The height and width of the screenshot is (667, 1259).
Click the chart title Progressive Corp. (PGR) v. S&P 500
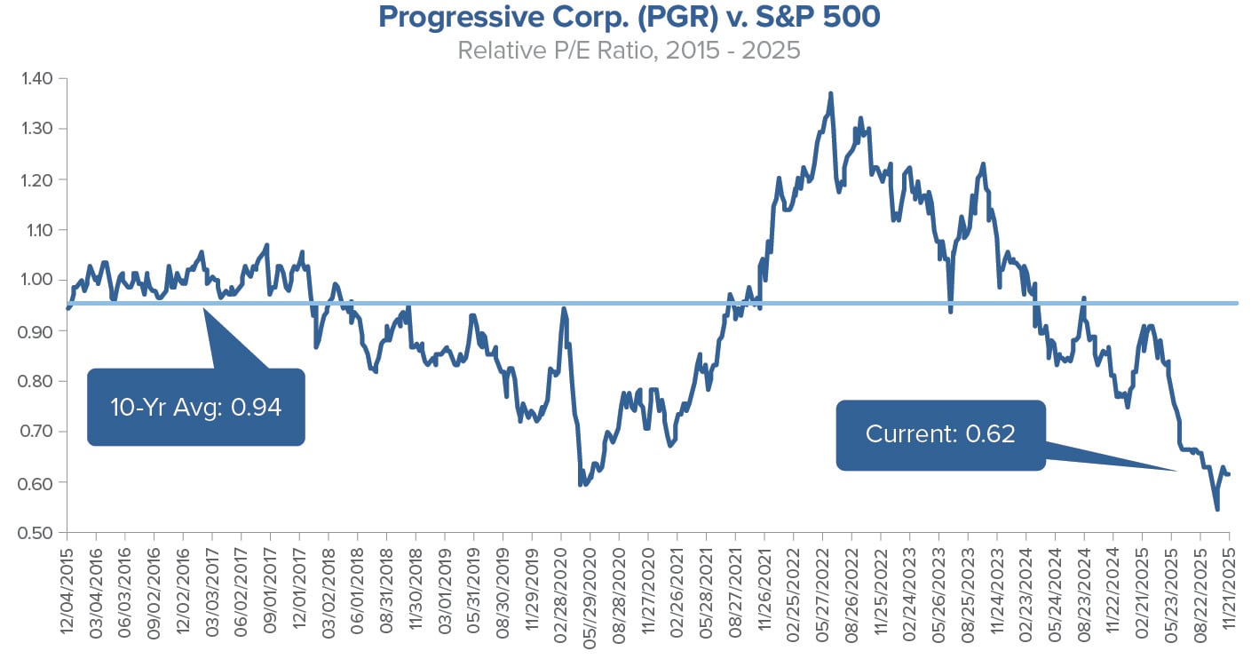[629, 18]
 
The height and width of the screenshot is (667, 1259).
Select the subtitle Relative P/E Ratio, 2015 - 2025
[629, 50]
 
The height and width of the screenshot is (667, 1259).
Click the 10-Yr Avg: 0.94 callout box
[195, 408]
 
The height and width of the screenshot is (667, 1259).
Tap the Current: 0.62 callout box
[940, 434]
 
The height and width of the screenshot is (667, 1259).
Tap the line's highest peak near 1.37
[830, 93]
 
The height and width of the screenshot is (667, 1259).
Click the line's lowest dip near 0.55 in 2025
[1216, 509]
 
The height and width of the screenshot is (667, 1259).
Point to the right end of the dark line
[1230, 474]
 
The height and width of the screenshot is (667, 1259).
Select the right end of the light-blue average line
[1237, 304]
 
